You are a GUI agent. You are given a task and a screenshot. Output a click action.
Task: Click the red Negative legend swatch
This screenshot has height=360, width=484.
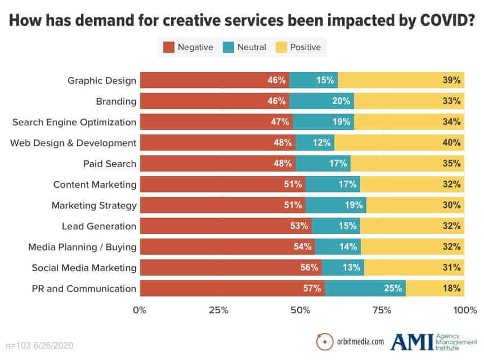click(169, 47)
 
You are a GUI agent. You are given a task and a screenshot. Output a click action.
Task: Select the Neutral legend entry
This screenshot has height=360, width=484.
click(252, 47)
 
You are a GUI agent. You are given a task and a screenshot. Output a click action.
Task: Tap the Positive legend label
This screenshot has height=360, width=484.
click(305, 47)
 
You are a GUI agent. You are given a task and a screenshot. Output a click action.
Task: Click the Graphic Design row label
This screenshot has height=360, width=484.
click(102, 80)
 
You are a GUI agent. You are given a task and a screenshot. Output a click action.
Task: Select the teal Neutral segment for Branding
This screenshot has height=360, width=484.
click(321, 101)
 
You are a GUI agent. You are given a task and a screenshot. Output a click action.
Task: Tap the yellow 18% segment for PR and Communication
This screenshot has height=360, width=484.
click(434, 289)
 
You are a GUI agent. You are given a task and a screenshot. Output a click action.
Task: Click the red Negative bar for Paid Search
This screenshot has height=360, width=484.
click(217, 164)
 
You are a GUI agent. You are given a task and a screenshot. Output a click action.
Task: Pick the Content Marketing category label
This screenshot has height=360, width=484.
click(95, 184)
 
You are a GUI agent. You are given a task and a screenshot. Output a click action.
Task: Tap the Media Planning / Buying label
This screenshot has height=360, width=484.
click(83, 247)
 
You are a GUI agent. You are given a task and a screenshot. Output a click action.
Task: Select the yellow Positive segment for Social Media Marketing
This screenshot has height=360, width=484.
click(414, 268)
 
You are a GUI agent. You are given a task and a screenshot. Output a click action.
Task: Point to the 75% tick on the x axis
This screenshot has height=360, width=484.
click(382, 310)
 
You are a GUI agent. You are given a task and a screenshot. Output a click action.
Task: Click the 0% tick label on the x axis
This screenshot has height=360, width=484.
click(140, 310)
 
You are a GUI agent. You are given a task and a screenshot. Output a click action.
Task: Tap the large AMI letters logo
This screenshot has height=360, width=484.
click(412, 341)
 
